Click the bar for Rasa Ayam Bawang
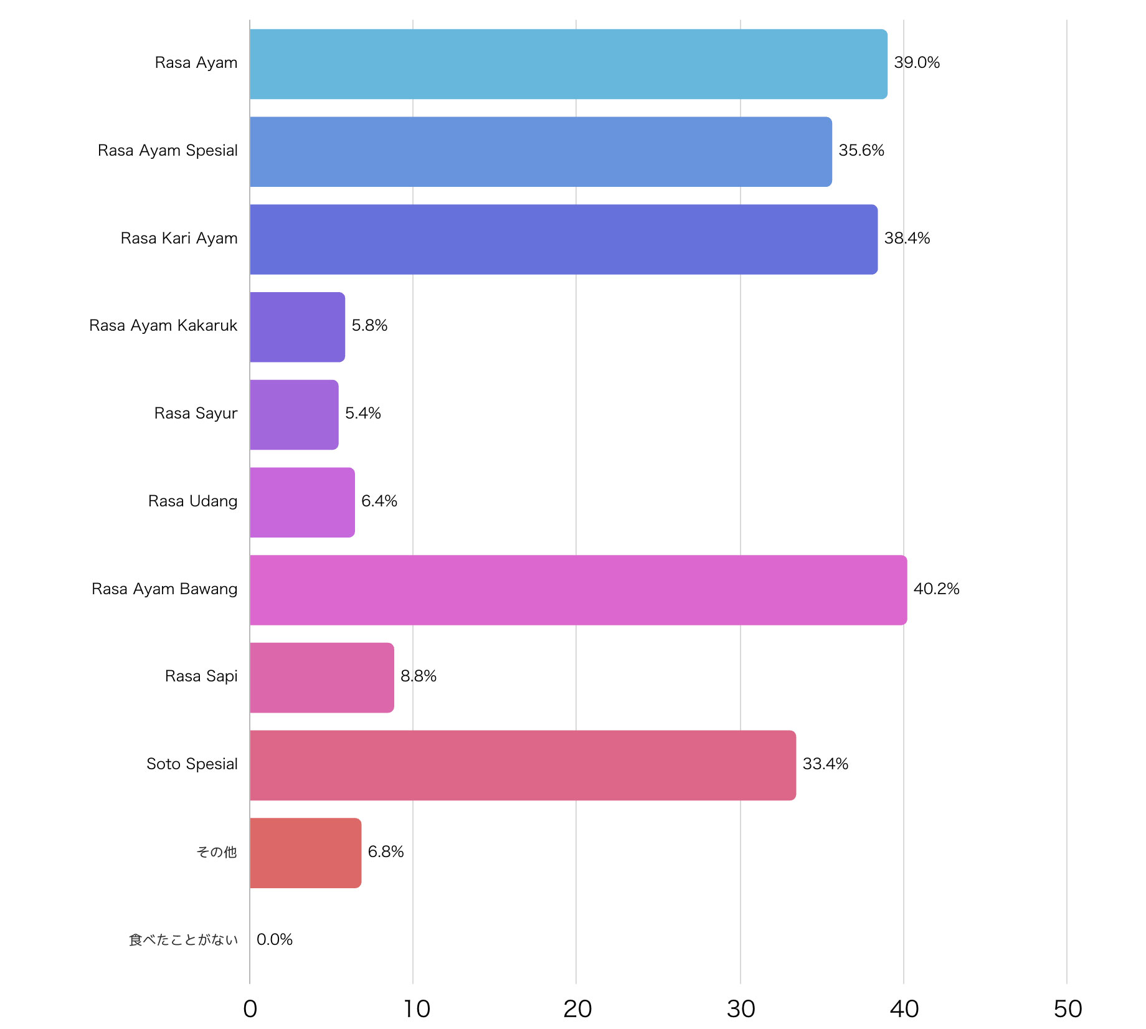point(578,590)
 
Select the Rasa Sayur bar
point(294,415)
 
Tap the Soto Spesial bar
point(523,765)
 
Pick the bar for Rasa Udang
point(302,502)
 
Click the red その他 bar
point(305,853)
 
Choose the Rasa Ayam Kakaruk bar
point(297,327)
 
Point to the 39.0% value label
point(917,63)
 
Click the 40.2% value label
point(936,589)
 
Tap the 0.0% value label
point(275,939)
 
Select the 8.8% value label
point(419,676)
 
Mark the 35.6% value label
point(861,151)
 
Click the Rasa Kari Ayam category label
point(179,239)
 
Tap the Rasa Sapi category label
point(201,676)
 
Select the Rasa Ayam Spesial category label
point(168,151)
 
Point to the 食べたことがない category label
point(183,940)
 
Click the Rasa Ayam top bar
point(568,64)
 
